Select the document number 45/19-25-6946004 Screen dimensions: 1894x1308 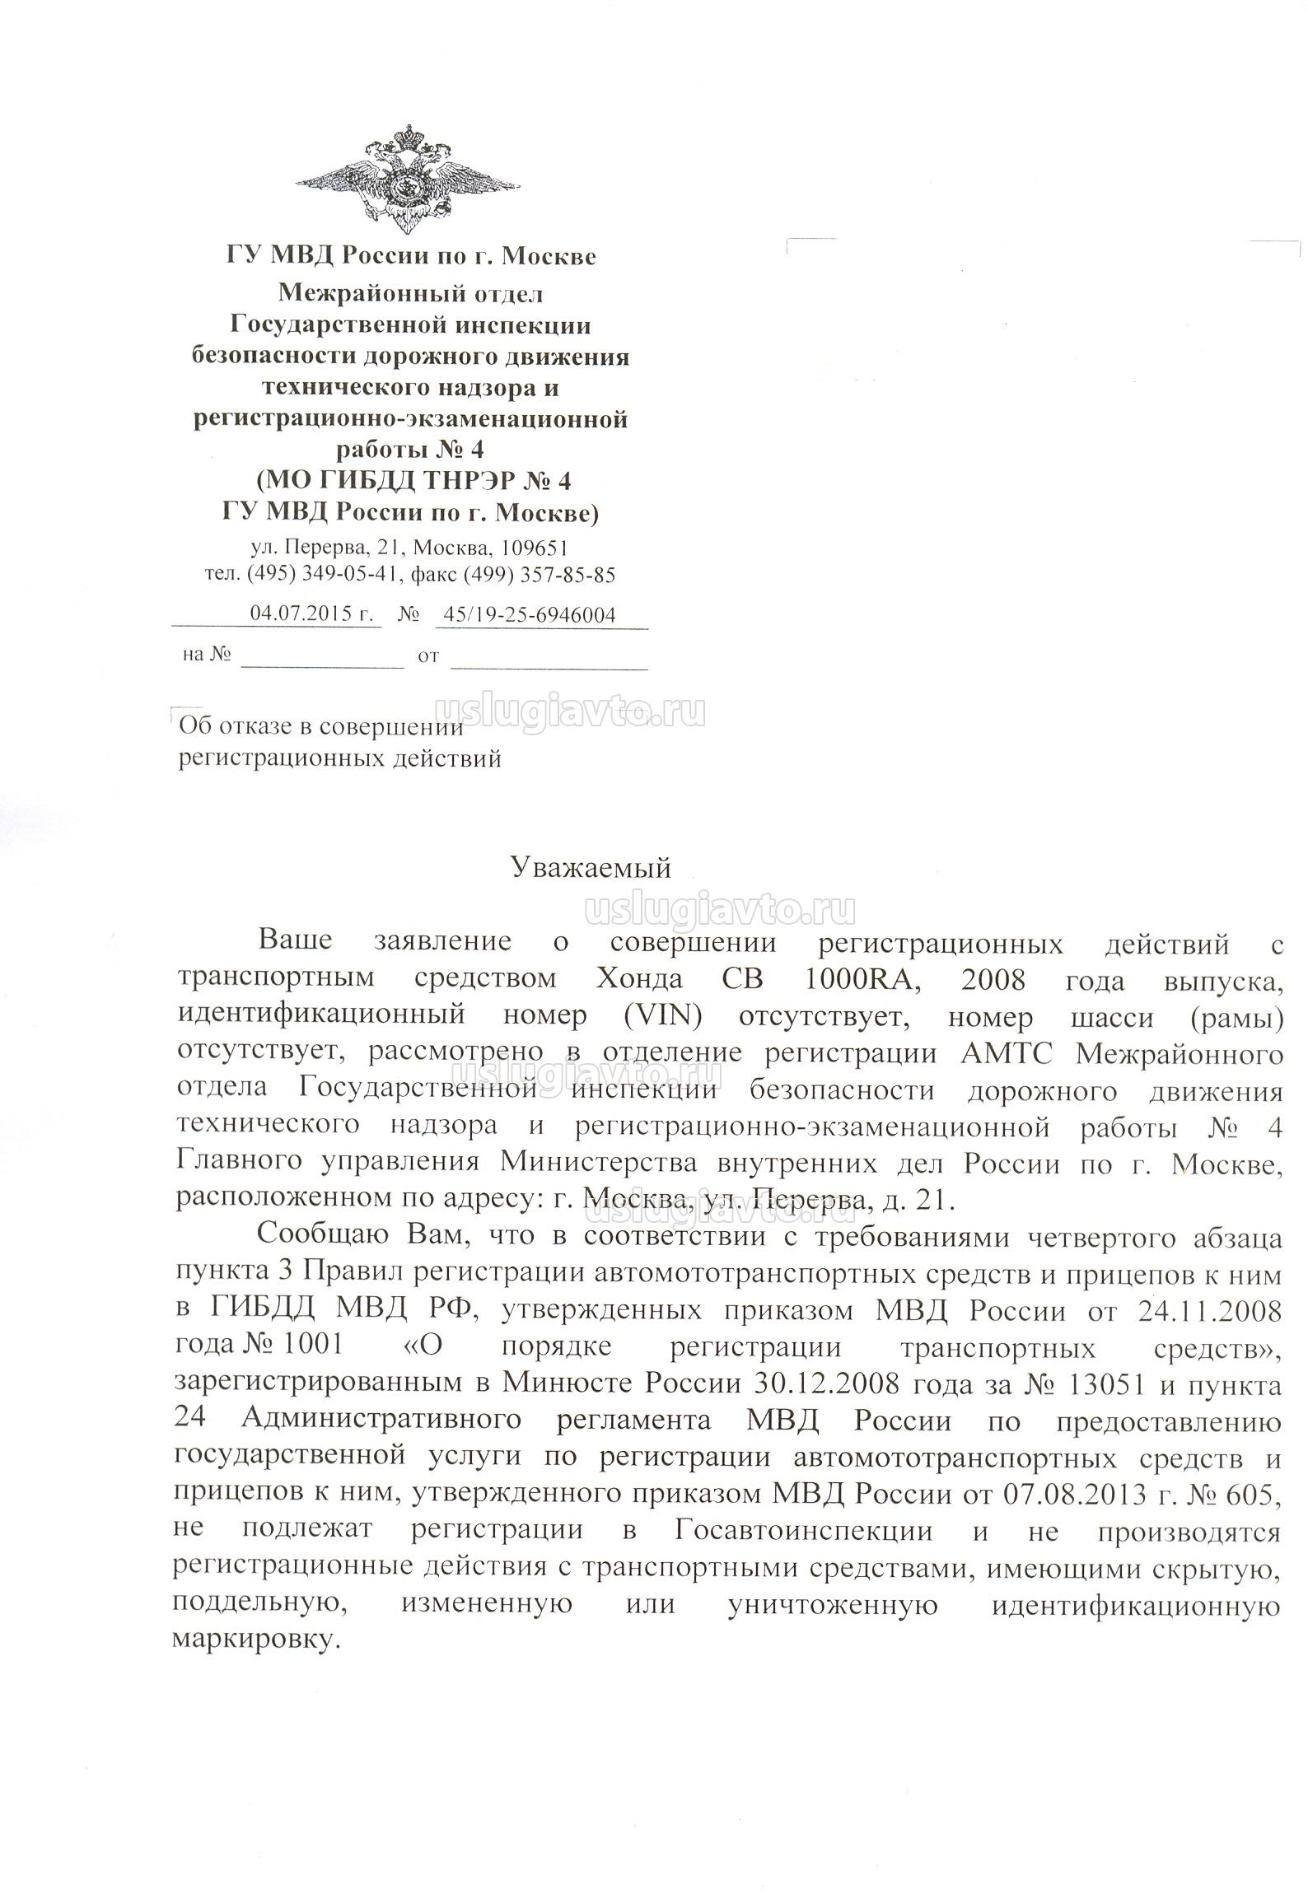click(x=529, y=613)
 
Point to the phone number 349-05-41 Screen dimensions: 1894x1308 click(x=347, y=575)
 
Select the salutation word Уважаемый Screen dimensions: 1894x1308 click(x=591, y=868)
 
